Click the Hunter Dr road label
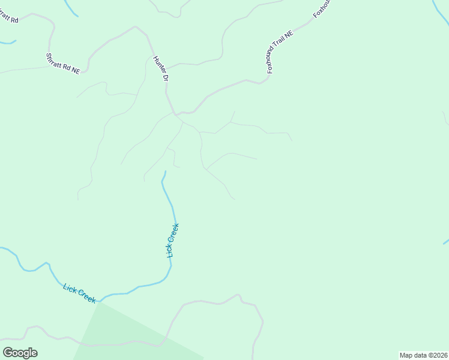pyautogui.click(x=160, y=69)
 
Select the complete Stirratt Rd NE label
pyautogui.click(x=63, y=62)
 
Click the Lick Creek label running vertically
pyautogui.click(x=173, y=240)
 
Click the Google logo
pyautogui.click(x=20, y=353)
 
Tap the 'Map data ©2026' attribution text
pyautogui.click(x=423, y=355)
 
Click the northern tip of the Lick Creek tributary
pyautogui.click(x=165, y=172)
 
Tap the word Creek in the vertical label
pyautogui.click(x=173, y=235)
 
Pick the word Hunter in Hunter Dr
pyautogui.click(x=158, y=65)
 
